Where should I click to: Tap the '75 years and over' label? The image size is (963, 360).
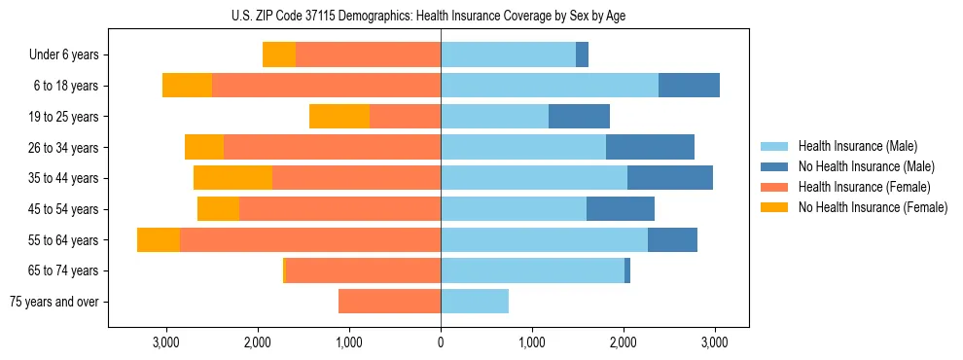[x=54, y=302]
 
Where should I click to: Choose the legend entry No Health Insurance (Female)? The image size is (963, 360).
[x=873, y=207]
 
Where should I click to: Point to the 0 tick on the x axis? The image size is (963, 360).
[x=441, y=342]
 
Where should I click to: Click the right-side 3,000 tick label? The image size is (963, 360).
[x=715, y=342]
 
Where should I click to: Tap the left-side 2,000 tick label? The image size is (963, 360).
[x=258, y=342]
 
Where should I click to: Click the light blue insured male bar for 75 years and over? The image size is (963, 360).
[x=475, y=302]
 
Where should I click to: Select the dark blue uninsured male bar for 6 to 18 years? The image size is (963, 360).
[x=689, y=86]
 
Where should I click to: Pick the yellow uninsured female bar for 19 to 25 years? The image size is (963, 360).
[x=339, y=117]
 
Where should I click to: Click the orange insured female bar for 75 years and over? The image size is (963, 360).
[x=389, y=302]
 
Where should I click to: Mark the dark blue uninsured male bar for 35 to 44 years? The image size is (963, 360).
[x=670, y=178]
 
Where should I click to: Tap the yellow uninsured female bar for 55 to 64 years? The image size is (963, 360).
[x=159, y=239]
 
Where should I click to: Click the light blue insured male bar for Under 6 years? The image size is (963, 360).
[x=508, y=55]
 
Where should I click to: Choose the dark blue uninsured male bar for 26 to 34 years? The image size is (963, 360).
[x=650, y=147]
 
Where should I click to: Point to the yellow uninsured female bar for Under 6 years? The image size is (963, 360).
[x=279, y=55]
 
